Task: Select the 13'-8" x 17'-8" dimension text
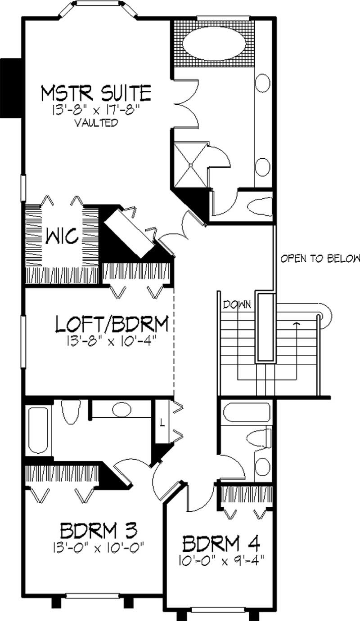click(96, 109)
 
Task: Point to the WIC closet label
click(62, 235)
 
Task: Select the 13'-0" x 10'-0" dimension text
click(99, 547)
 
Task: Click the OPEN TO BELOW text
click(320, 259)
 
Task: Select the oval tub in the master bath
click(214, 44)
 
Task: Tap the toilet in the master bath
click(258, 207)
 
